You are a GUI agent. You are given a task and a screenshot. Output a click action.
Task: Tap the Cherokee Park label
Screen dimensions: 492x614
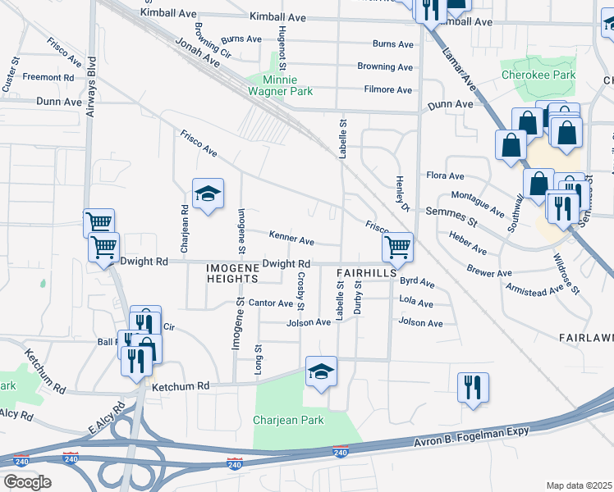tap(538, 75)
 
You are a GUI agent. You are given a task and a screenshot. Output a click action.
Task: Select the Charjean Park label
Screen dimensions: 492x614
tap(288, 420)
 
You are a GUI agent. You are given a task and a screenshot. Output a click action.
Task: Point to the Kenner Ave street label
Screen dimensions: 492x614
tap(291, 241)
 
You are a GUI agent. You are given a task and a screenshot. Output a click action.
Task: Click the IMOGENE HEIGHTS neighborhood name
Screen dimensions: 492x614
tap(238, 273)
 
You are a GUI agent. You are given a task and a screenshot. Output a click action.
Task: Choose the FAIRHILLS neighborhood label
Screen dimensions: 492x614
tap(366, 271)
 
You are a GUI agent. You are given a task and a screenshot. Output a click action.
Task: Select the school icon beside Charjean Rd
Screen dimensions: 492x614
tap(208, 194)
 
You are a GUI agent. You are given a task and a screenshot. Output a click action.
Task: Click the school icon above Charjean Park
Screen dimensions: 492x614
tap(321, 371)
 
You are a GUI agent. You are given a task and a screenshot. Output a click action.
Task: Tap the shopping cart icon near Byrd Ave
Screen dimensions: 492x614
tap(397, 245)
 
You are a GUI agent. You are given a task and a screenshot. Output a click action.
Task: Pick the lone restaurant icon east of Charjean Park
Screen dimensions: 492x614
tap(473, 387)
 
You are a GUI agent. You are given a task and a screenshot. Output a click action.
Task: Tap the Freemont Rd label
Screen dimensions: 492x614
tap(48, 77)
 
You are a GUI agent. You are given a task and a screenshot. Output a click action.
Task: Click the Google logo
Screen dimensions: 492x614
tap(27, 482)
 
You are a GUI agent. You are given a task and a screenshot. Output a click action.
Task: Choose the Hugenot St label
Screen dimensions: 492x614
tap(281, 51)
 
